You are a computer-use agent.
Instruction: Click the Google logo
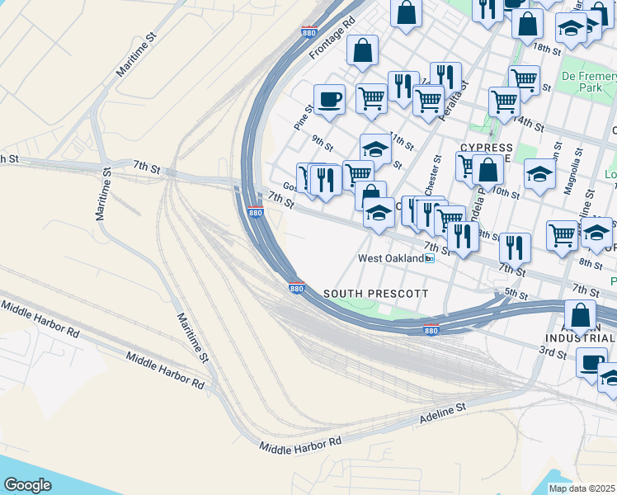tap(27, 486)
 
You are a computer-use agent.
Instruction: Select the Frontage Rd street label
tap(332, 39)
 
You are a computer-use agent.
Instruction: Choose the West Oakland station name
tap(390, 258)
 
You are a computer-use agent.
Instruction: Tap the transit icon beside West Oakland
tap(430, 258)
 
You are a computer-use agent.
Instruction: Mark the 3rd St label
tap(552, 353)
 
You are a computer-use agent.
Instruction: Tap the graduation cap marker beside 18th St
tap(571, 30)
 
